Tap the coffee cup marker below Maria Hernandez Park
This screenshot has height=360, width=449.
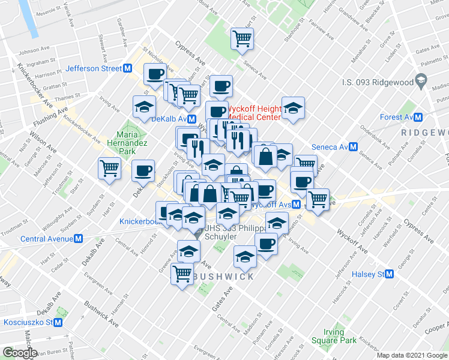point(143,170)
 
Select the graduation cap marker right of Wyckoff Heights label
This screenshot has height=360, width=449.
point(293,108)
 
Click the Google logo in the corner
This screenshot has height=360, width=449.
point(19,353)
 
